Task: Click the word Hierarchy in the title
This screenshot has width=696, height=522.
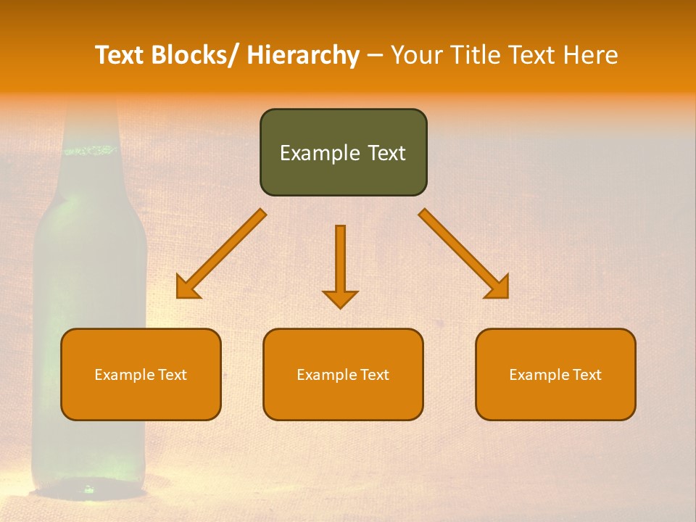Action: click(x=303, y=55)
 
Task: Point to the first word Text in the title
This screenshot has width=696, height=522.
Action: click(x=120, y=55)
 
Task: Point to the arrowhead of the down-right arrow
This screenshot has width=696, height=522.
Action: click(x=498, y=288)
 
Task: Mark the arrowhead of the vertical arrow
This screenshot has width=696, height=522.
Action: click(x=340, y=299)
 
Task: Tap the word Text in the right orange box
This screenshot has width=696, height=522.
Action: click(x=587, y=375)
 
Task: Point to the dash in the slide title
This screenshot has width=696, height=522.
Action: click(x=374, y=56)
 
